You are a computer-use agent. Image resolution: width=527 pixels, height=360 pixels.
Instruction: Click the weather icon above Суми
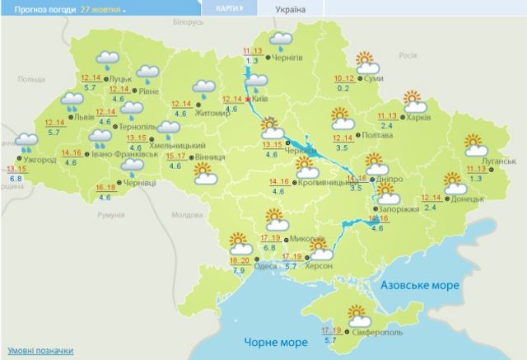click(x=365, y=61)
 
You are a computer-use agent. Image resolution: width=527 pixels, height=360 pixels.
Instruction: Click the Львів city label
click(x=84, y=118)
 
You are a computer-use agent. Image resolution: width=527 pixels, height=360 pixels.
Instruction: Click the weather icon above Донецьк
click(x=453, y=180)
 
